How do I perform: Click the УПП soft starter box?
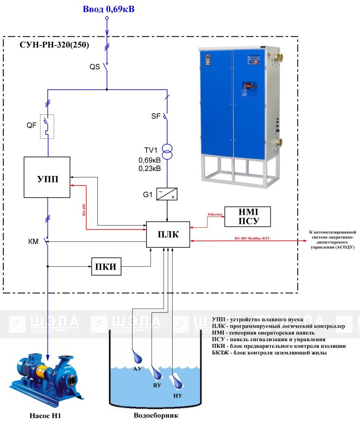[47, 178]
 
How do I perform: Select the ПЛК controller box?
[168, 235]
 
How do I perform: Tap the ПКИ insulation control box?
[107, 268]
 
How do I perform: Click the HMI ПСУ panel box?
[247, 217]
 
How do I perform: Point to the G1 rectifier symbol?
[167, 193]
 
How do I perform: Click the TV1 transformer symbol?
[167, 151]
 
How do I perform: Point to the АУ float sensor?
[137, 356]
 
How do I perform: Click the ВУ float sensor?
[157, 374]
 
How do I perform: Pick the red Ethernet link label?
[215, 214]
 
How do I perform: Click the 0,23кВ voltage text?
[149, 169]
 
